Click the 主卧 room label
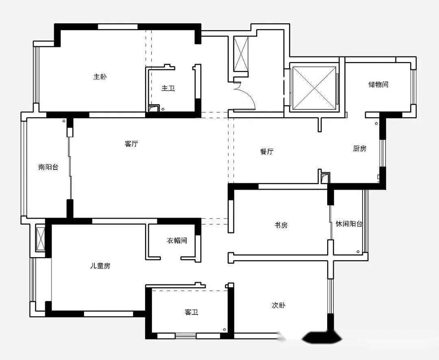tap(100, 77)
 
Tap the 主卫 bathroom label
tap(168, 89)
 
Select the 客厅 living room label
tap(131, 144)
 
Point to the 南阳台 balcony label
tap(48, 167)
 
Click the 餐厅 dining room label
tap(267, 152)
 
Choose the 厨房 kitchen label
tap(359, 149)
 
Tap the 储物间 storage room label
tap(378, 84)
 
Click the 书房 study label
tap(281, 225)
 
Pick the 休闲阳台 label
tap(349, 224)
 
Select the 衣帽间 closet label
tap(177, 241)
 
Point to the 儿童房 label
tap(100, 266)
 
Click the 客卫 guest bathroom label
tap(191, 312)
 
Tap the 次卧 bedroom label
tap(279, 306)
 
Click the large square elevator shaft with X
tap(314, 87)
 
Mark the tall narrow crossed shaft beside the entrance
tap(241, 54)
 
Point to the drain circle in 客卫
tap(224, 330)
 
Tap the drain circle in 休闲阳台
tap(359, 252)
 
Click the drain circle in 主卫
tap(163, 109)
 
